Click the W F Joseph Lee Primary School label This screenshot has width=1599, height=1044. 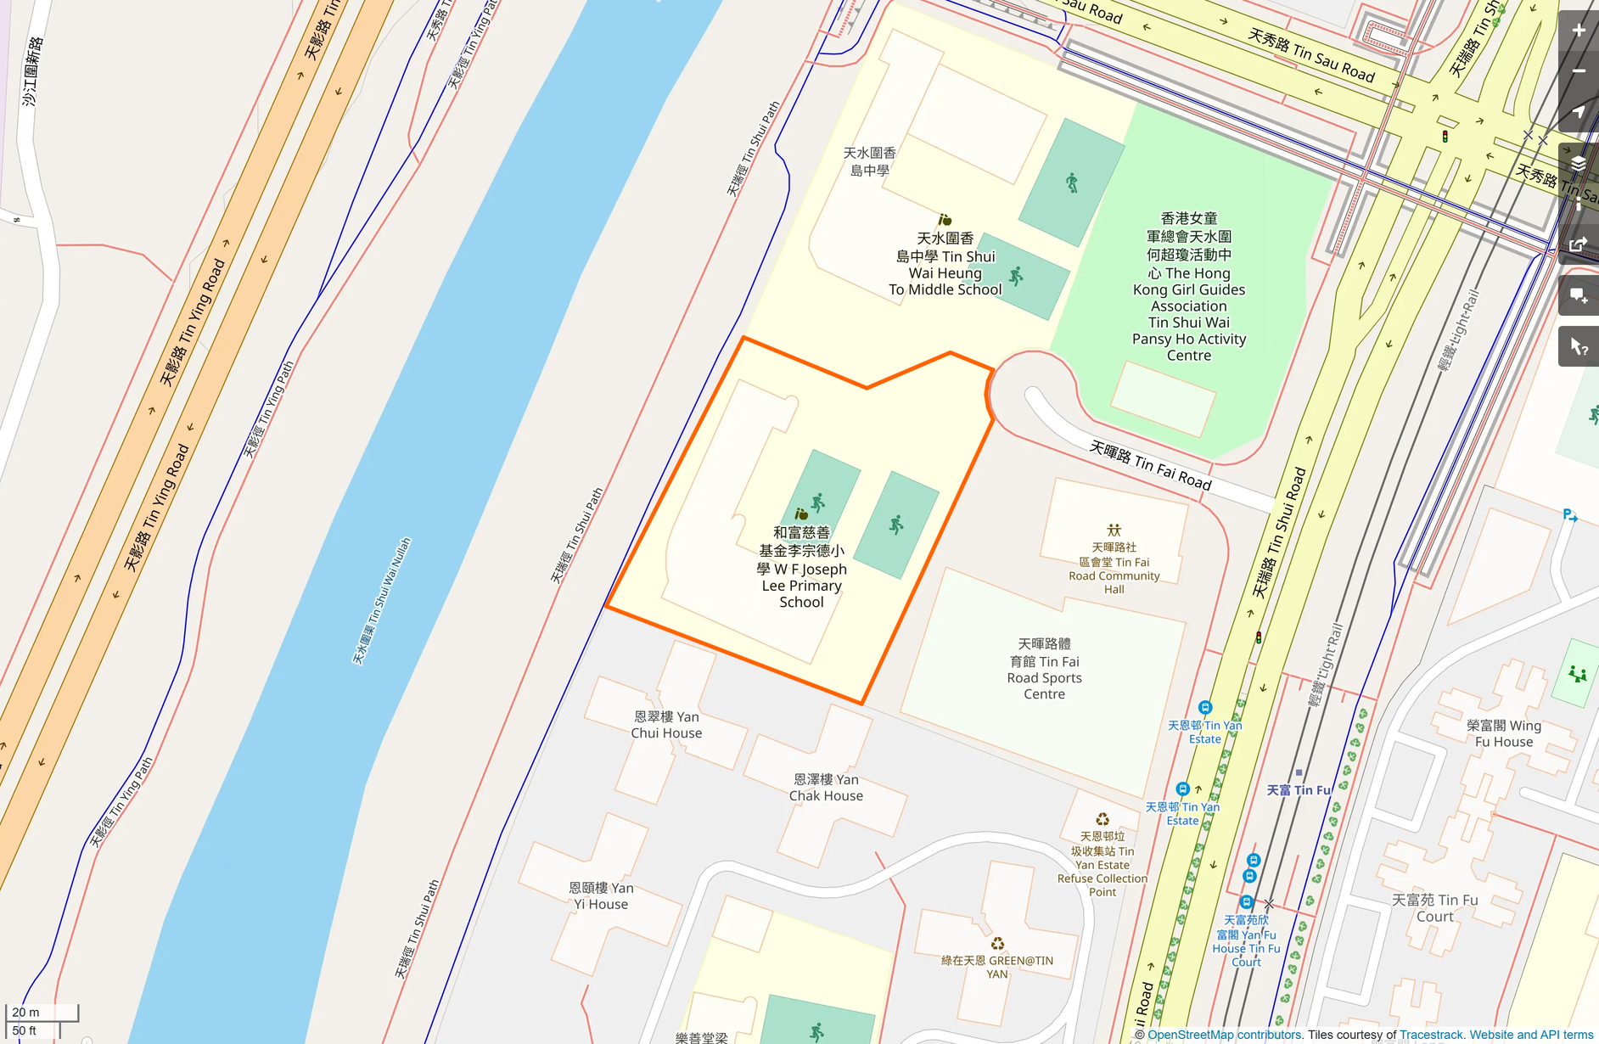point(801,568)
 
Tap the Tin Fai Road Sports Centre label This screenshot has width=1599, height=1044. point(1044,669)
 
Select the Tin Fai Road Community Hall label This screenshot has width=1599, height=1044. point(1114,569)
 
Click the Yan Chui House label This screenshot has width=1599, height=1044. point(666,725)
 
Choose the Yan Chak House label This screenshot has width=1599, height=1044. point(826,788)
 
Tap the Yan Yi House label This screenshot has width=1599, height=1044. point(601,896)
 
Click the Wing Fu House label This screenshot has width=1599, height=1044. point(1503,733)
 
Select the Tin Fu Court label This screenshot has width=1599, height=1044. point(1434,908)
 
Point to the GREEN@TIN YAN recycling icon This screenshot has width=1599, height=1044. point(997,944)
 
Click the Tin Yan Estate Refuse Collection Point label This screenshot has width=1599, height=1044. point(1102,864)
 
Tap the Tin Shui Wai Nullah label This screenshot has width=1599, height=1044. point(381,601)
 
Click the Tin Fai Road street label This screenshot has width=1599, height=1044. point(1150,465)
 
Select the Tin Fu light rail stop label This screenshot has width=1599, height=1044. point(1299,790)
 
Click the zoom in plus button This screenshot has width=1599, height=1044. point(1578,31)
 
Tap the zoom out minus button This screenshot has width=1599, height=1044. point(1578,71)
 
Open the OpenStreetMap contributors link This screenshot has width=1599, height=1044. point(1224,1035)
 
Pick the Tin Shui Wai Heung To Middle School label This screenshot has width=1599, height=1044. point(945,264)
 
